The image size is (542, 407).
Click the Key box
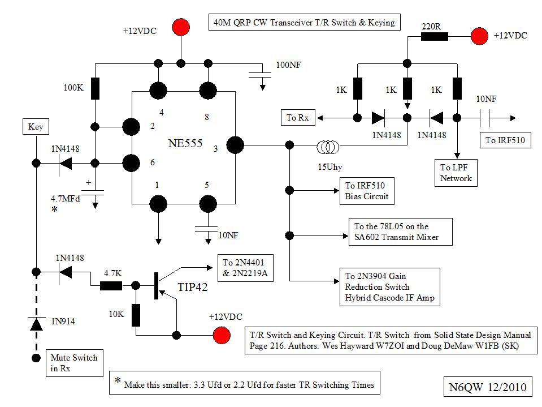[36, 127]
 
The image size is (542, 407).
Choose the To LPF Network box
[456, 172]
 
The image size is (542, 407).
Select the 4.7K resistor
[111, 285]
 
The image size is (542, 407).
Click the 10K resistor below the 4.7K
[136, 315]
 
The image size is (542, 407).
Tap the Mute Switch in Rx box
[73, 362]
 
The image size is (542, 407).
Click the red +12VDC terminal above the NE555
[181, 27]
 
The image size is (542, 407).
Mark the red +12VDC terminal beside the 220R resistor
[479, 36]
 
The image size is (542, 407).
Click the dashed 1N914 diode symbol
[36, 323]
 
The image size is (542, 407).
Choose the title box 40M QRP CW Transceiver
[305, 23]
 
